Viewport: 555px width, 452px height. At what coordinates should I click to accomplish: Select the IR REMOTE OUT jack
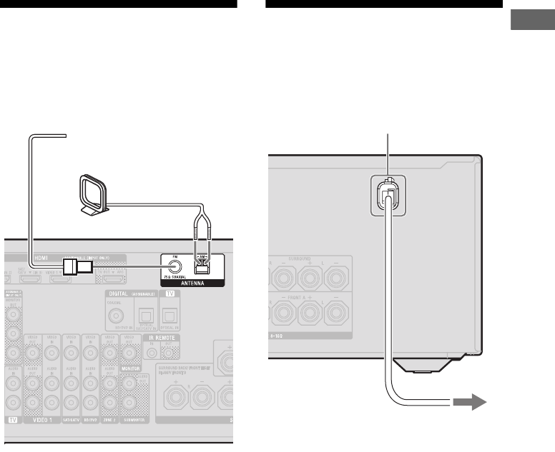click(x=170, y=351)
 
